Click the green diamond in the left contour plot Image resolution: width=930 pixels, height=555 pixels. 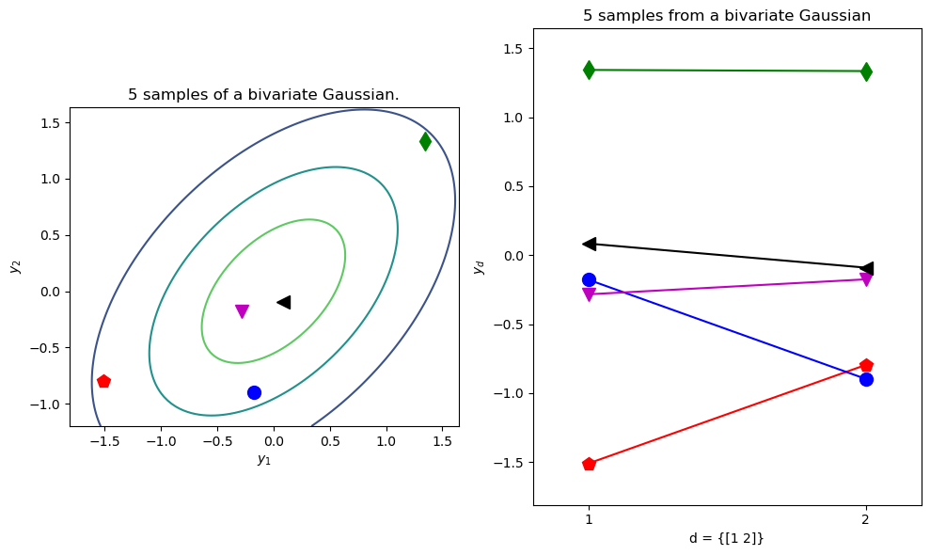click(425, 141)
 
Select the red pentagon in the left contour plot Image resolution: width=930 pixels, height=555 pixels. click(103, 381)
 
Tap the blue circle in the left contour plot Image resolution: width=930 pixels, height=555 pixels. click(254, 392)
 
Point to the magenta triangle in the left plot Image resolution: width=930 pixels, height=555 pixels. click(242, 311)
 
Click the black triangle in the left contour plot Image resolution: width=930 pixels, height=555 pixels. click(283, 302)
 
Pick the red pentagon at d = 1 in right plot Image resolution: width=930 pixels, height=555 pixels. click(589, 464)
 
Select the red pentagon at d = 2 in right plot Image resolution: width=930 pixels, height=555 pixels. click(866, 365)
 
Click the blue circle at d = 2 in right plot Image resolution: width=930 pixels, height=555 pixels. click(866, 379)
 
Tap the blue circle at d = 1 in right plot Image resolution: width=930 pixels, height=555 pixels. click(589, 279)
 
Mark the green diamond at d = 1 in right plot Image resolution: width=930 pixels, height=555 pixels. click(589, 70)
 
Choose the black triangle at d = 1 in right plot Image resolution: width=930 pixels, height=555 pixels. click(589, 244)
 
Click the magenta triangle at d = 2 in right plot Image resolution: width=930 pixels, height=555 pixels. click(866, 279)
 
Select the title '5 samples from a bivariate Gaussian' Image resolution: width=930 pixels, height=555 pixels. click(726, 15)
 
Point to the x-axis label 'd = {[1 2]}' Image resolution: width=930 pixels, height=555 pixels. click(726, 538)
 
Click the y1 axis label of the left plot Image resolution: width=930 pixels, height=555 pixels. click(264, 459)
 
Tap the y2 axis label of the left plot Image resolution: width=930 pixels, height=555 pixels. click(15, 266)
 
